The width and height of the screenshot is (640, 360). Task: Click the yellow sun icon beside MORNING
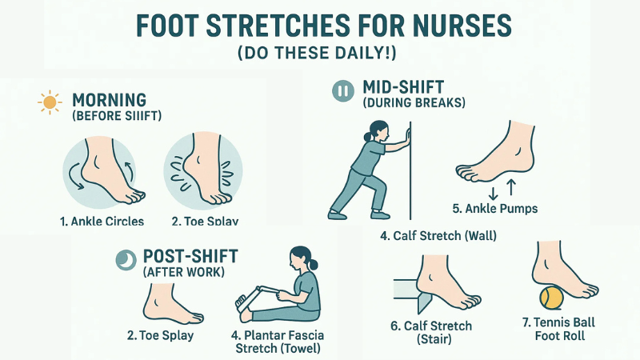(50, 102)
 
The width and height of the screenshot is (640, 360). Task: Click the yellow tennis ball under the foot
(551, 298)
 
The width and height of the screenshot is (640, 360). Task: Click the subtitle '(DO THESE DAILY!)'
(320, 54)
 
